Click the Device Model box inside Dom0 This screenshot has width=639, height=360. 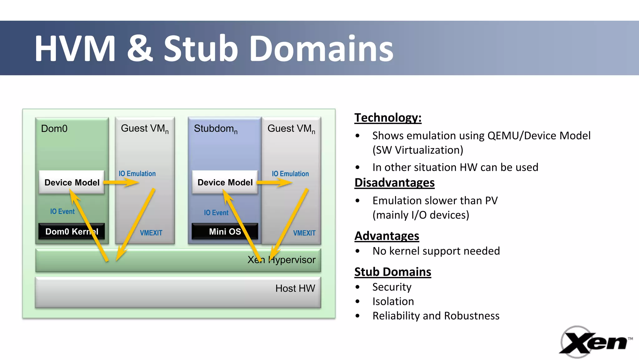(x=72, y=182)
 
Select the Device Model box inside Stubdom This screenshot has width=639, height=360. (x=225, y=182)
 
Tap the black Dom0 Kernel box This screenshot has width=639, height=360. (x=71, y=231)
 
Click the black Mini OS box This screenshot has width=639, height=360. (x=225, y=231)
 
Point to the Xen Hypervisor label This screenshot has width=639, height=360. (x=281, y=260)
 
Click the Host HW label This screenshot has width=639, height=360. (x=295, y=288)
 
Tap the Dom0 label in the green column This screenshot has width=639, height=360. (x=54, y=129)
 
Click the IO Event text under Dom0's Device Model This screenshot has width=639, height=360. (x=62, y=212)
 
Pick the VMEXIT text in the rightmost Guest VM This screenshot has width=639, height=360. (x=304, y=233)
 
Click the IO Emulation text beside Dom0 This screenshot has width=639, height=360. (x=137, y=174)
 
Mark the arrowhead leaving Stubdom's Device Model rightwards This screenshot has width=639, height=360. (x=286, y=182)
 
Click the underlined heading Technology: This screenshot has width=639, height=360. (x=388, y=118)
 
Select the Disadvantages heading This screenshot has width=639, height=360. (x=394, y=183)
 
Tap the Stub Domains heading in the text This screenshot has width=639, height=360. (x=393, y=272)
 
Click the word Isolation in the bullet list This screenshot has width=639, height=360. (x=393, y=301)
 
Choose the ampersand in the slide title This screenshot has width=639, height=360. (x=140, y=48)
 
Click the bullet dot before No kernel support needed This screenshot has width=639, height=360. (x=358, y=251)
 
